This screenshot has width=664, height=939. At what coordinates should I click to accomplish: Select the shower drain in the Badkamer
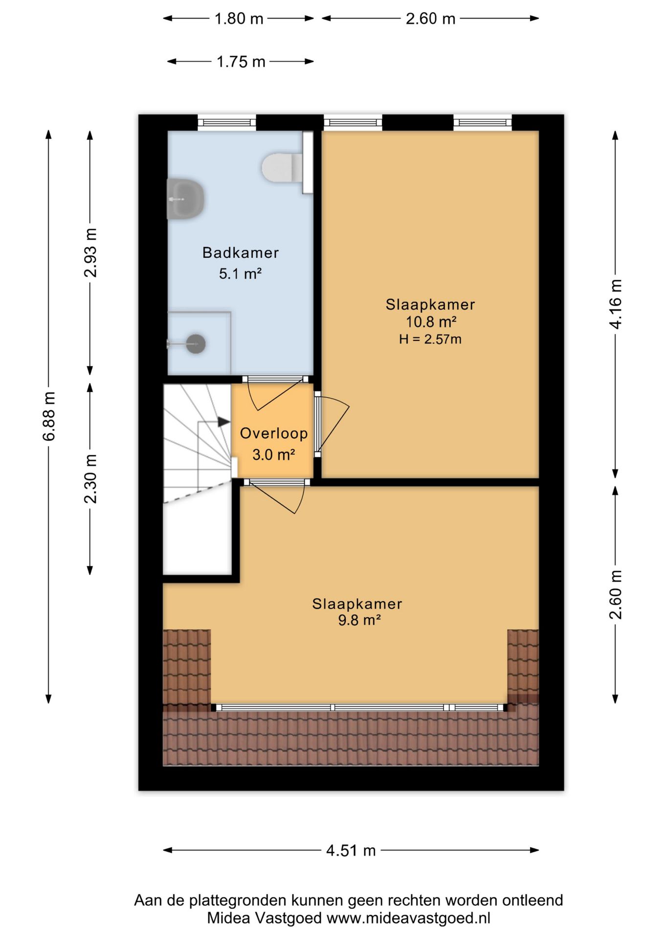(195, 344)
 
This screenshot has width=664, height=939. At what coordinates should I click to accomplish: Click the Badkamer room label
(241, 253)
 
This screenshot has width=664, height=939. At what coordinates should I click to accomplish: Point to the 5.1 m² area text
(240, 273)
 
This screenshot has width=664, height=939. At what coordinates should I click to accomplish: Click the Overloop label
(274, 433)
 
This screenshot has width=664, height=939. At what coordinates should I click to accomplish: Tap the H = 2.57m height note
(430, 339)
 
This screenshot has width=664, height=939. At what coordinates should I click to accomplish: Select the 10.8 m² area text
(431, 322)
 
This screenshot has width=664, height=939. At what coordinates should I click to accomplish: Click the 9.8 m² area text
(359, 620)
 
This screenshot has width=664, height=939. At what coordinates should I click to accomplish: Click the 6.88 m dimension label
(49, 416)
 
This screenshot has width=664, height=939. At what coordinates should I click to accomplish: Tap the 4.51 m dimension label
(351, 850)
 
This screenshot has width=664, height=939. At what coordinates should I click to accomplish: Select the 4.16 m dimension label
(616, 304)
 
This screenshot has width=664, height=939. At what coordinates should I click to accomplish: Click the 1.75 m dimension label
(241, 62)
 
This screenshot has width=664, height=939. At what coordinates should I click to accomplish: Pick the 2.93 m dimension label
(90, 253)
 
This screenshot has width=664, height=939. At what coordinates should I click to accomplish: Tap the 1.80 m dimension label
(239, 19)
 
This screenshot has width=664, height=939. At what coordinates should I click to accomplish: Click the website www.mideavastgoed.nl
(408, 918)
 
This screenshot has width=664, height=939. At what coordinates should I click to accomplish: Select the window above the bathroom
(227, 122)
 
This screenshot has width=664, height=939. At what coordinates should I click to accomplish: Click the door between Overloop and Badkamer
(275, 380)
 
